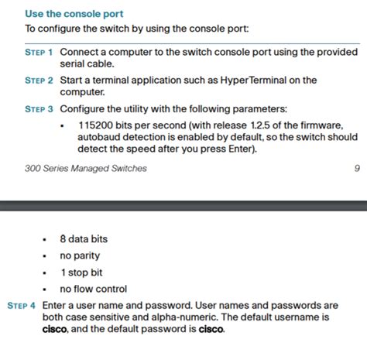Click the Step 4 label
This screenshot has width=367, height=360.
tap(21, 306)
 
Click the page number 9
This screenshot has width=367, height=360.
tap(356, 168)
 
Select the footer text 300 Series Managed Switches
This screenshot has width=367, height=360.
tap(85, 168)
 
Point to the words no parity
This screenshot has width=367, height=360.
tap(80, 256)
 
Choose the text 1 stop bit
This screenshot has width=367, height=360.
tap(82, 273)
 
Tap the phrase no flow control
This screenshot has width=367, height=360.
tap(93, 289)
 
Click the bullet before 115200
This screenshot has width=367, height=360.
tap(63, 125)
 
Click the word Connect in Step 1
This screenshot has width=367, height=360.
tap(80, 52)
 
